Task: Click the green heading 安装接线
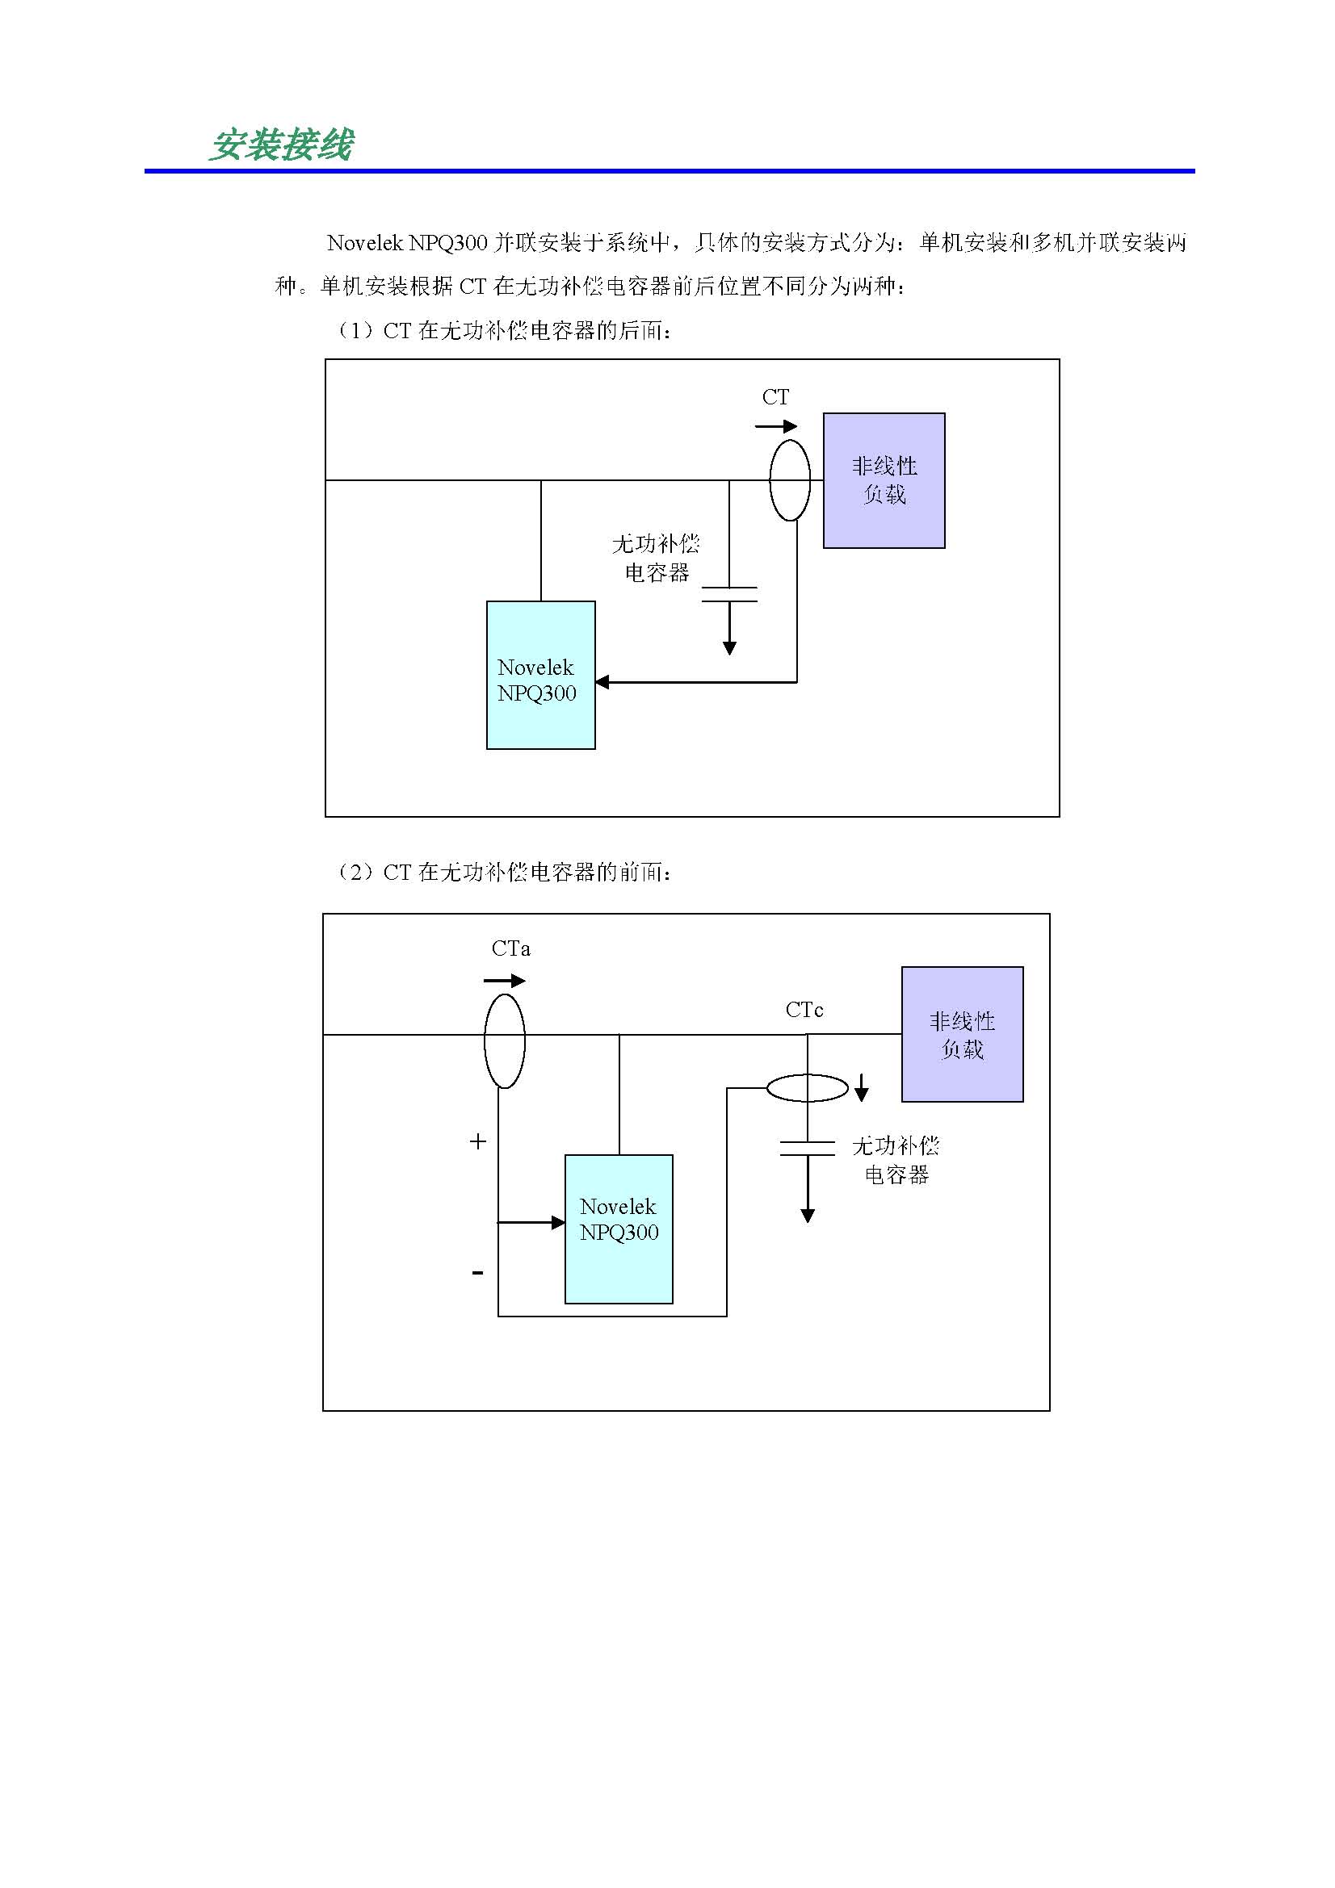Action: (281, 145)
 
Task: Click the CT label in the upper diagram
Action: (775, 397)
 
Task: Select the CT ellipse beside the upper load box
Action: (790, 480)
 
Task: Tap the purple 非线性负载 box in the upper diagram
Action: (884, 480)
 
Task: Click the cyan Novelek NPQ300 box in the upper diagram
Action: (540, 675)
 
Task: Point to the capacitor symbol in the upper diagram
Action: (728, 595)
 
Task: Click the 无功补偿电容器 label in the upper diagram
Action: (656, 558)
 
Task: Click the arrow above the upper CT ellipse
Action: (775, 426)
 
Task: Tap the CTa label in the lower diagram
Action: (510, 949)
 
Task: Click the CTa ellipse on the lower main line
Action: (504, 1041)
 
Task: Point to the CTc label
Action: (804, 1010)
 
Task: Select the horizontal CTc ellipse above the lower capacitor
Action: (807, 1088)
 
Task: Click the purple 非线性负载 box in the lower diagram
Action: (962, 1035)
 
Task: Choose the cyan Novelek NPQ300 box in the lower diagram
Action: (619, 1229)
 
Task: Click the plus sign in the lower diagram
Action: (478, 1141)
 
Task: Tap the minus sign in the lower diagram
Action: (478, 1273)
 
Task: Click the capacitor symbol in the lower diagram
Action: (807, 1148)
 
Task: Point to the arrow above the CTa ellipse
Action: (504, 980)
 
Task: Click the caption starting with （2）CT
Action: (503, 872)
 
